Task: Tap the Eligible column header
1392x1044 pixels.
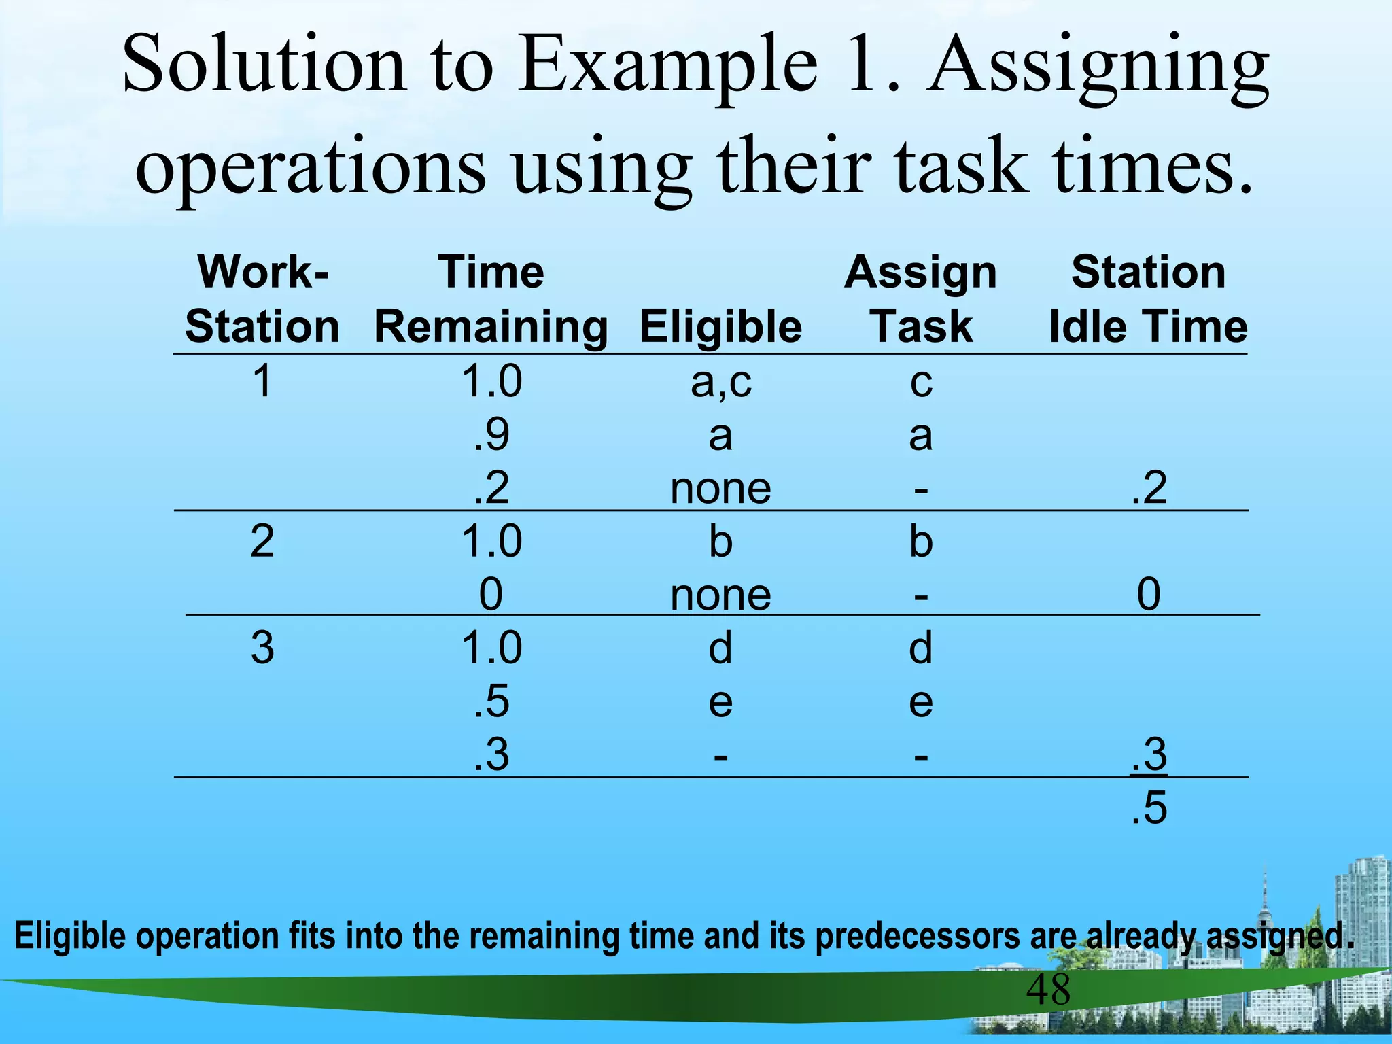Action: coord(720,326)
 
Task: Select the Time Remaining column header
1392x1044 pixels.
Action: coord(491,300)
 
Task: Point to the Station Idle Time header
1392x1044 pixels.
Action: coord(1148,300)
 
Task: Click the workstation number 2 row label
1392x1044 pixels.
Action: coord(262,542)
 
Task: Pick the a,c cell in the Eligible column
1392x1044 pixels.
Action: coord(720,382)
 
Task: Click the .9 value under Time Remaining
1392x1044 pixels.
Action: coord(491,435)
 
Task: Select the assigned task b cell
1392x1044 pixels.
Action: coord(921,542)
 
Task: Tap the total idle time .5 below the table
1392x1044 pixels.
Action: coord(1149,809)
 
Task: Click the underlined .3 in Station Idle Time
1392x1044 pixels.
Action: coord(1149,755)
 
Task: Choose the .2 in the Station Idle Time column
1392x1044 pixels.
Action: coord(1149,488)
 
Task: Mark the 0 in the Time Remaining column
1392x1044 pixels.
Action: coord(491,595)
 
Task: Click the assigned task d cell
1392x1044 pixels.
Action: coord(921,648)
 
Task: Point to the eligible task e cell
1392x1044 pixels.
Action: coord(720,702)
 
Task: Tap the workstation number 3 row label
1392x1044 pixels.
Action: coord(262,648)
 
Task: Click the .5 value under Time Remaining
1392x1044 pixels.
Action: coord(491,702)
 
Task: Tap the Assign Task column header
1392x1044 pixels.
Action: coord(921,300)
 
